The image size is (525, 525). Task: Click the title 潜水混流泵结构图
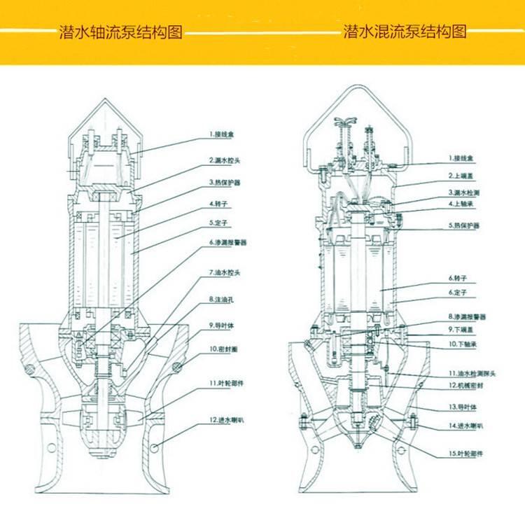tap(405, 32)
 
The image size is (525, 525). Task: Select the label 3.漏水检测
tap(464, 191)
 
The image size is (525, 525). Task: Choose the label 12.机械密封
tap(464, 386)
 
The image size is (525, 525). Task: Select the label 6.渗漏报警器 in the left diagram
tap(229, 242)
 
